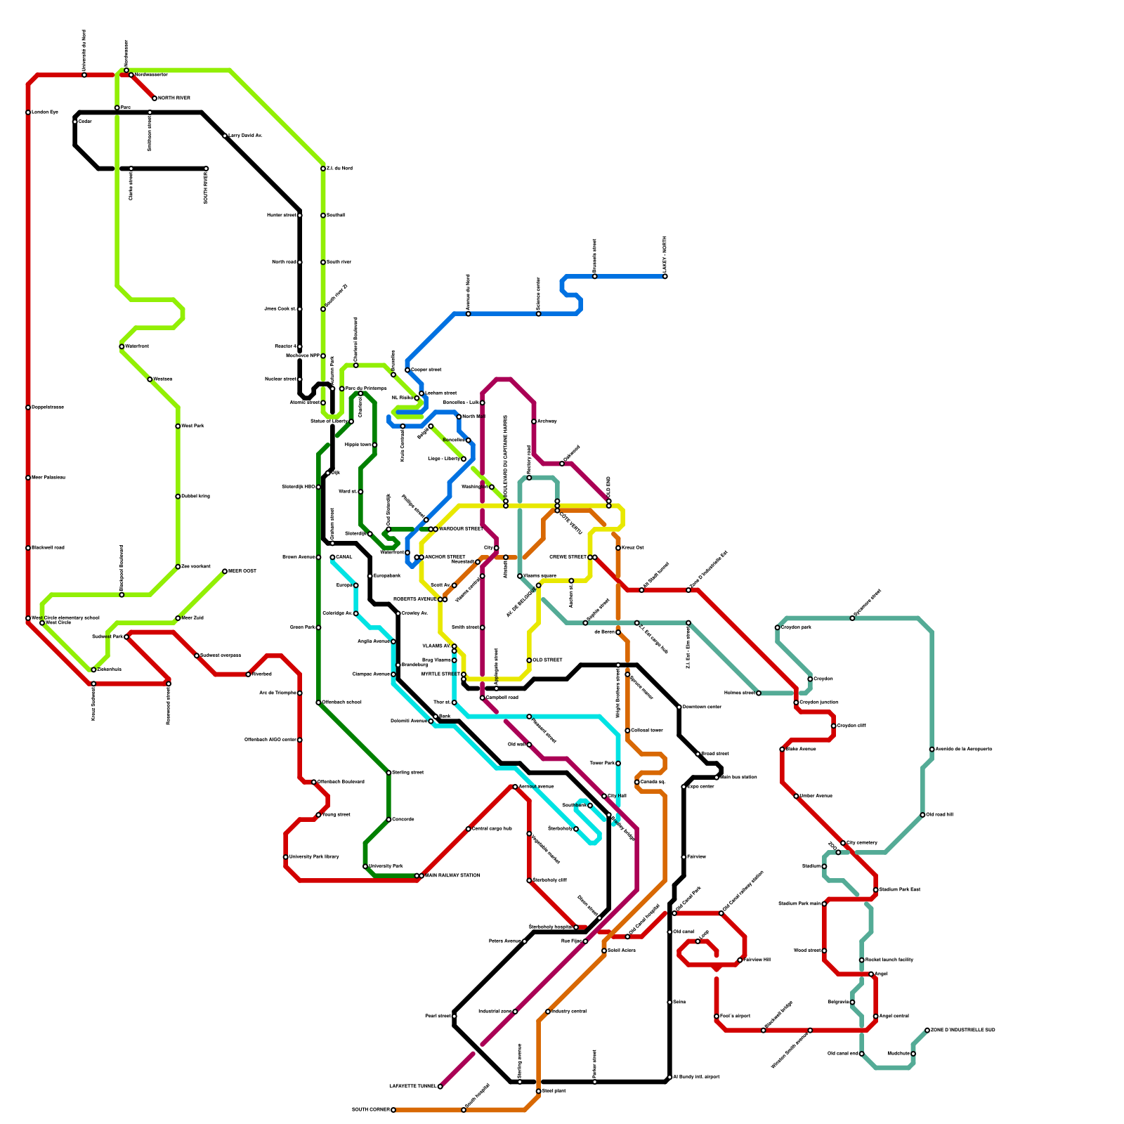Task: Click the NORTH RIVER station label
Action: (174, 98)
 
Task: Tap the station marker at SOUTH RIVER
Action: (206, 169)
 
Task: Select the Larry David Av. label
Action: (245, 136)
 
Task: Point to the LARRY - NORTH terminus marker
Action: (665, 276)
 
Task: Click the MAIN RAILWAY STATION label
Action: (452, 875)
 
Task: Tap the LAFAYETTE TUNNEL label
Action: (412, 1087)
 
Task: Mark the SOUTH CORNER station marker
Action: (393, 1110)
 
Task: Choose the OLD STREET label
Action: (547, 660)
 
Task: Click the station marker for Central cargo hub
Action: (469, 829)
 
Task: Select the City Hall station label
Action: (617, 796)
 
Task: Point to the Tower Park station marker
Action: (618, 763)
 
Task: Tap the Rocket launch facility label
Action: (889, 960)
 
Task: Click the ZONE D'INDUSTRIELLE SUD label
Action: (963, 1030)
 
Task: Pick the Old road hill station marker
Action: (922, 815)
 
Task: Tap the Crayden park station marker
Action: (778, 627)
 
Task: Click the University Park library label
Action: (314, 857)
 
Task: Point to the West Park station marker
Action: (178, 426)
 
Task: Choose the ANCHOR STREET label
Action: (445, 557)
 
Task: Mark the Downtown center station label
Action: (702, 707)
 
